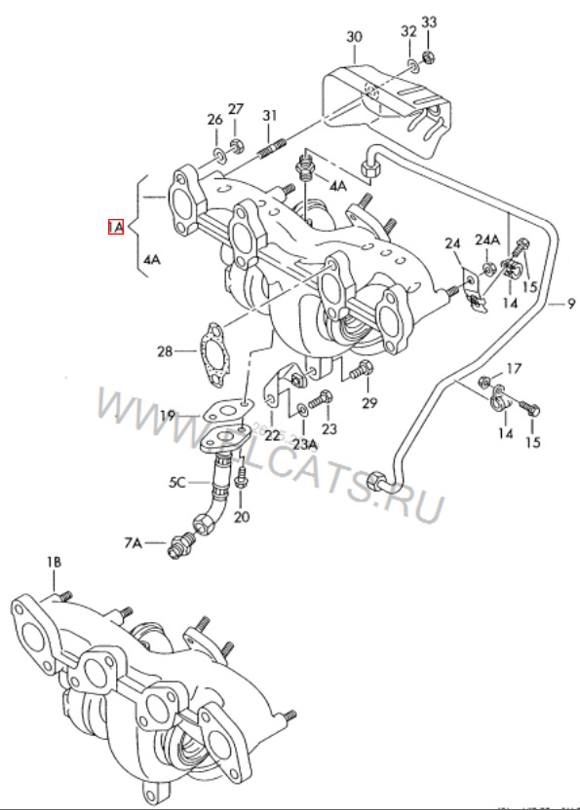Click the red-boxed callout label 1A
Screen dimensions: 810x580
(x=116, y=228)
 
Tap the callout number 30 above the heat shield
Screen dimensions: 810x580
(x=354, y=38)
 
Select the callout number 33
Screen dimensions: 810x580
(x=430, y=22)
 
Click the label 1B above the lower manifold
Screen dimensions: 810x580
(x=53, y=562)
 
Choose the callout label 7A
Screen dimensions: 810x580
(x=133, y=541)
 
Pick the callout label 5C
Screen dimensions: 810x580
(x=176, y=481)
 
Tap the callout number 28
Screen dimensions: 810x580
(x=163, y=350)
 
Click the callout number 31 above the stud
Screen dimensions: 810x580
(x=270, y=117)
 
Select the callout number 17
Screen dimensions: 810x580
(x=514, y=368)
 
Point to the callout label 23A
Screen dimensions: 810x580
(x=305, y=444)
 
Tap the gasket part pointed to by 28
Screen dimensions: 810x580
(x=213, y=353)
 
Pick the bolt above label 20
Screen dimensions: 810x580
(x=242, y=479)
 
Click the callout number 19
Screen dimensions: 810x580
(x=169, y=416)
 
